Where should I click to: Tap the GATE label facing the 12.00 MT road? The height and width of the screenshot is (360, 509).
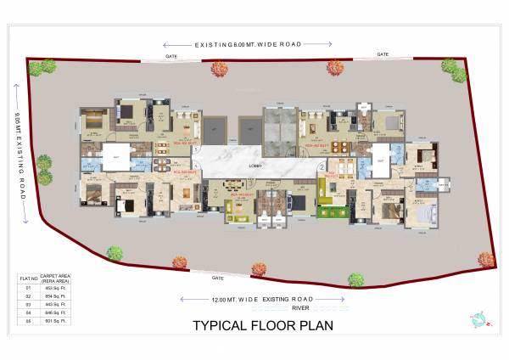[193, 278]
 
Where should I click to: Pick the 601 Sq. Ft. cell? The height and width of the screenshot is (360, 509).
[53, 321]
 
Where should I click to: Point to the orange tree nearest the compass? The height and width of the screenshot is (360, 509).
[486, 258]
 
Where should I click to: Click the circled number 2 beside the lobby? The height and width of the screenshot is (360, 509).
[321, 166]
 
